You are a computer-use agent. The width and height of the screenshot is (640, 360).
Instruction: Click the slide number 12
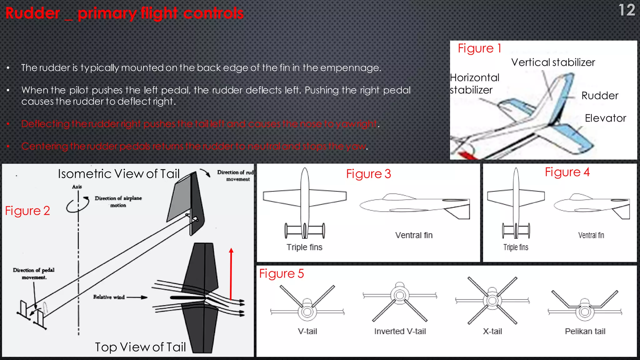(x=626, y=10)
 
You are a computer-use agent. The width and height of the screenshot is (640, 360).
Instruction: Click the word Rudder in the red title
(x=32, y=13)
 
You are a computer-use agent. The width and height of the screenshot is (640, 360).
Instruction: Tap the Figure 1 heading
(x=479, y=48)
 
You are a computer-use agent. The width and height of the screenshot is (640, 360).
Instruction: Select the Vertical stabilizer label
(x=553, y=62)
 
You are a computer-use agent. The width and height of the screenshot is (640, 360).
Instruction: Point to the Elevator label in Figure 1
(x=605, y=118)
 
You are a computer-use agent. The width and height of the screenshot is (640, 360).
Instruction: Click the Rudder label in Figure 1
(x=600, y=96)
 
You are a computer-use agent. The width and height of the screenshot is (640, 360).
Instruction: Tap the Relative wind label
(x=109, y=297)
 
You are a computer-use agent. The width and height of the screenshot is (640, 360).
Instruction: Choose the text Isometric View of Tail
(x=119, y=174)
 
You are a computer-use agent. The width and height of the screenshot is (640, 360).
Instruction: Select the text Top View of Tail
(x=140, y=347)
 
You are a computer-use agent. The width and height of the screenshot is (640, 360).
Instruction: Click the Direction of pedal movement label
(x=34, y=273)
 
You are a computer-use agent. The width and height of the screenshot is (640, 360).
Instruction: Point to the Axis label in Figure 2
(x=77, y=187)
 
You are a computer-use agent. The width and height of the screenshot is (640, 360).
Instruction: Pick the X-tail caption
(x=492, y=331)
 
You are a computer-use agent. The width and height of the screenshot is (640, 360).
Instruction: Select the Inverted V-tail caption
(x=400, y=331)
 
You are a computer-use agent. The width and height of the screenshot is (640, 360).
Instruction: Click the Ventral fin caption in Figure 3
(x=414, y=235)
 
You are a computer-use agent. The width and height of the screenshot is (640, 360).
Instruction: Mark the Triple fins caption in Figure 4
(x=516, y=247)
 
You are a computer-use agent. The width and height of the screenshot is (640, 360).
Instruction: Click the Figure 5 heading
(x=281, y=274)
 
